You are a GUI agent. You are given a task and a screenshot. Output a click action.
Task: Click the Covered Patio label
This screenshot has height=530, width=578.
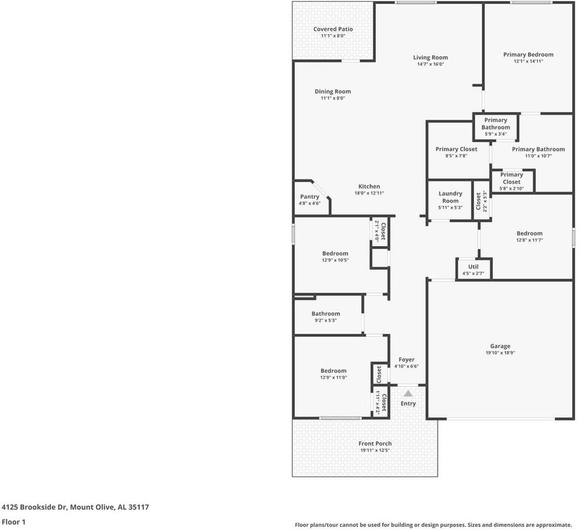[333, 29]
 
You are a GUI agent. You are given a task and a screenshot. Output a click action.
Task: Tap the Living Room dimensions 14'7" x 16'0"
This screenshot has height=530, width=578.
[430, 64]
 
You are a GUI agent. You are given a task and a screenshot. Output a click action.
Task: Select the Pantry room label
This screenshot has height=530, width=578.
[309, 197]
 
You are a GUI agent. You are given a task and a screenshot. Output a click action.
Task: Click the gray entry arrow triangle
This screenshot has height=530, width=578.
[408, 394]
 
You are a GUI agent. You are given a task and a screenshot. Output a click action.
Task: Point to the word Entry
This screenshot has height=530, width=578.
[408, 404]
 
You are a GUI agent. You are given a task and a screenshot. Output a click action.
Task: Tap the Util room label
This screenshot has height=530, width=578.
[473, 266]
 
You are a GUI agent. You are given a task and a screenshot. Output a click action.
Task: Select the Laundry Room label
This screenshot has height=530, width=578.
[450, 197]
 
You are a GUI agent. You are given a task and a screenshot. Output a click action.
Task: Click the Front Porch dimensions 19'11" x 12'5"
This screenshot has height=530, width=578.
[375, 451]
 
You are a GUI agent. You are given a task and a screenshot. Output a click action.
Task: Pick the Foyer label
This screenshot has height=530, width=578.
[406, 359]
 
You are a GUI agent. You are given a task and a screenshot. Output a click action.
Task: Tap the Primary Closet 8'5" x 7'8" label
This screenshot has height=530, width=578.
[456, 149]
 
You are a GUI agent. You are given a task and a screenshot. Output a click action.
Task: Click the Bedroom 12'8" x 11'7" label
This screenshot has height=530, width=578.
[529, 234]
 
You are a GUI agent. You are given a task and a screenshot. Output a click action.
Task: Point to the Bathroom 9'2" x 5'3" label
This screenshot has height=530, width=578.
[325, 314]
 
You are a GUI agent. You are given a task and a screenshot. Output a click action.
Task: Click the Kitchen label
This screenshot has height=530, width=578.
[369, 187]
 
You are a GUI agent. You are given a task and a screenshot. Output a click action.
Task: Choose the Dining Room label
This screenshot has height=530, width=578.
[333, 92]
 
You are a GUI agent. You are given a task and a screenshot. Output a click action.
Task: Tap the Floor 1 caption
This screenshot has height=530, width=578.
[13, 522]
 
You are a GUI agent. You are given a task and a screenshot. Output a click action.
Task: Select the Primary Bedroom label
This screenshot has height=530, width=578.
[528, 55]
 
